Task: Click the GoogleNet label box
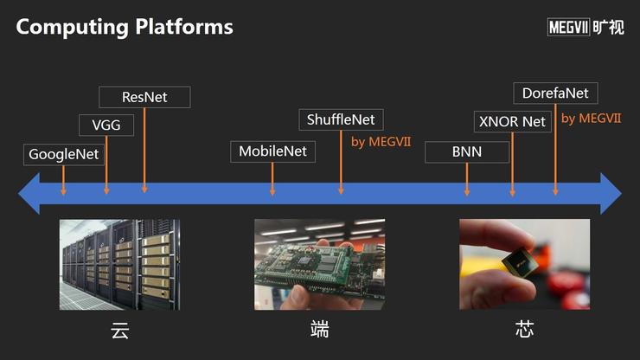(64, 154)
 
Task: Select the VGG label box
(106, 125)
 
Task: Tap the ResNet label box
(144, 97)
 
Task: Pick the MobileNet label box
(272, 151)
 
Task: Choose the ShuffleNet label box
(341, 119)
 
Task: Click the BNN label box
(467, 152)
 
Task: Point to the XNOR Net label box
(513, 122)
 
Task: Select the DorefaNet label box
(555, 93)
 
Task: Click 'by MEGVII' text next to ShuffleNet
(381, 142)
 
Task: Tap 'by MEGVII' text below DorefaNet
(591, 119)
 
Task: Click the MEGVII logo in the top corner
(586, 28)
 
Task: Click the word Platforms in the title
(184, 27)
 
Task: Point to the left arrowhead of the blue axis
(29, 193)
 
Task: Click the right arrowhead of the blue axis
(611, 193)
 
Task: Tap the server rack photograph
(119, 265)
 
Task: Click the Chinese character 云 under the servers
(120, 331)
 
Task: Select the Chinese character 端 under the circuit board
(320, 329)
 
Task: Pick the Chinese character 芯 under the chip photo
(524, 329)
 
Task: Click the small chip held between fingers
(520, 261)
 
